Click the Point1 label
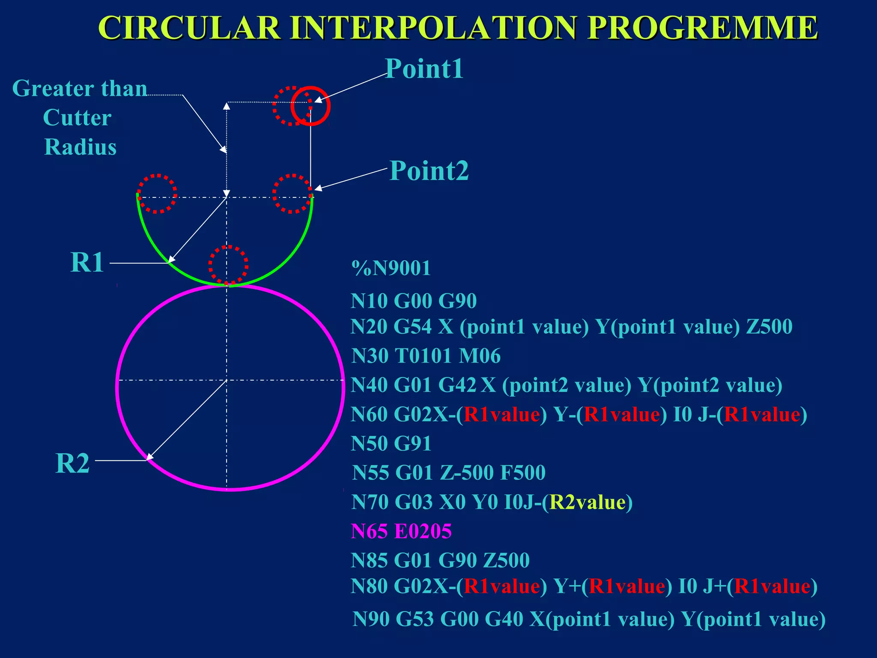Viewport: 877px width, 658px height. pos(424,69)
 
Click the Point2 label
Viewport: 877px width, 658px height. pos(429,171)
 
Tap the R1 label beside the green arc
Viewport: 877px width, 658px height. pos(87,262)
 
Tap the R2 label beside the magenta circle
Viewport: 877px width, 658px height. pos(72,464)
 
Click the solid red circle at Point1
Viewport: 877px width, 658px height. pos(310,106)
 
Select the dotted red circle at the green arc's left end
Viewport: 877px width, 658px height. pos(157,194)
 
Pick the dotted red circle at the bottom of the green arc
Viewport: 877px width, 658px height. pos(228,265)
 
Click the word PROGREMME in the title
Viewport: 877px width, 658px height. pos(702,28)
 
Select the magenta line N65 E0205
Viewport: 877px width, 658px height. pos(401,531)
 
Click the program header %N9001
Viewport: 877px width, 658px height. pos(391,269)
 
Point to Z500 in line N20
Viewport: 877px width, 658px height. pos(769,327)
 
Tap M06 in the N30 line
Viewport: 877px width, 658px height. pos(479,356)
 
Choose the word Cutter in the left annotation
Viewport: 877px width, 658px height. pos(78,118)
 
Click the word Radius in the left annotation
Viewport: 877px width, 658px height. pos(81,147)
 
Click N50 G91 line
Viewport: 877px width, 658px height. pos(391,444)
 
